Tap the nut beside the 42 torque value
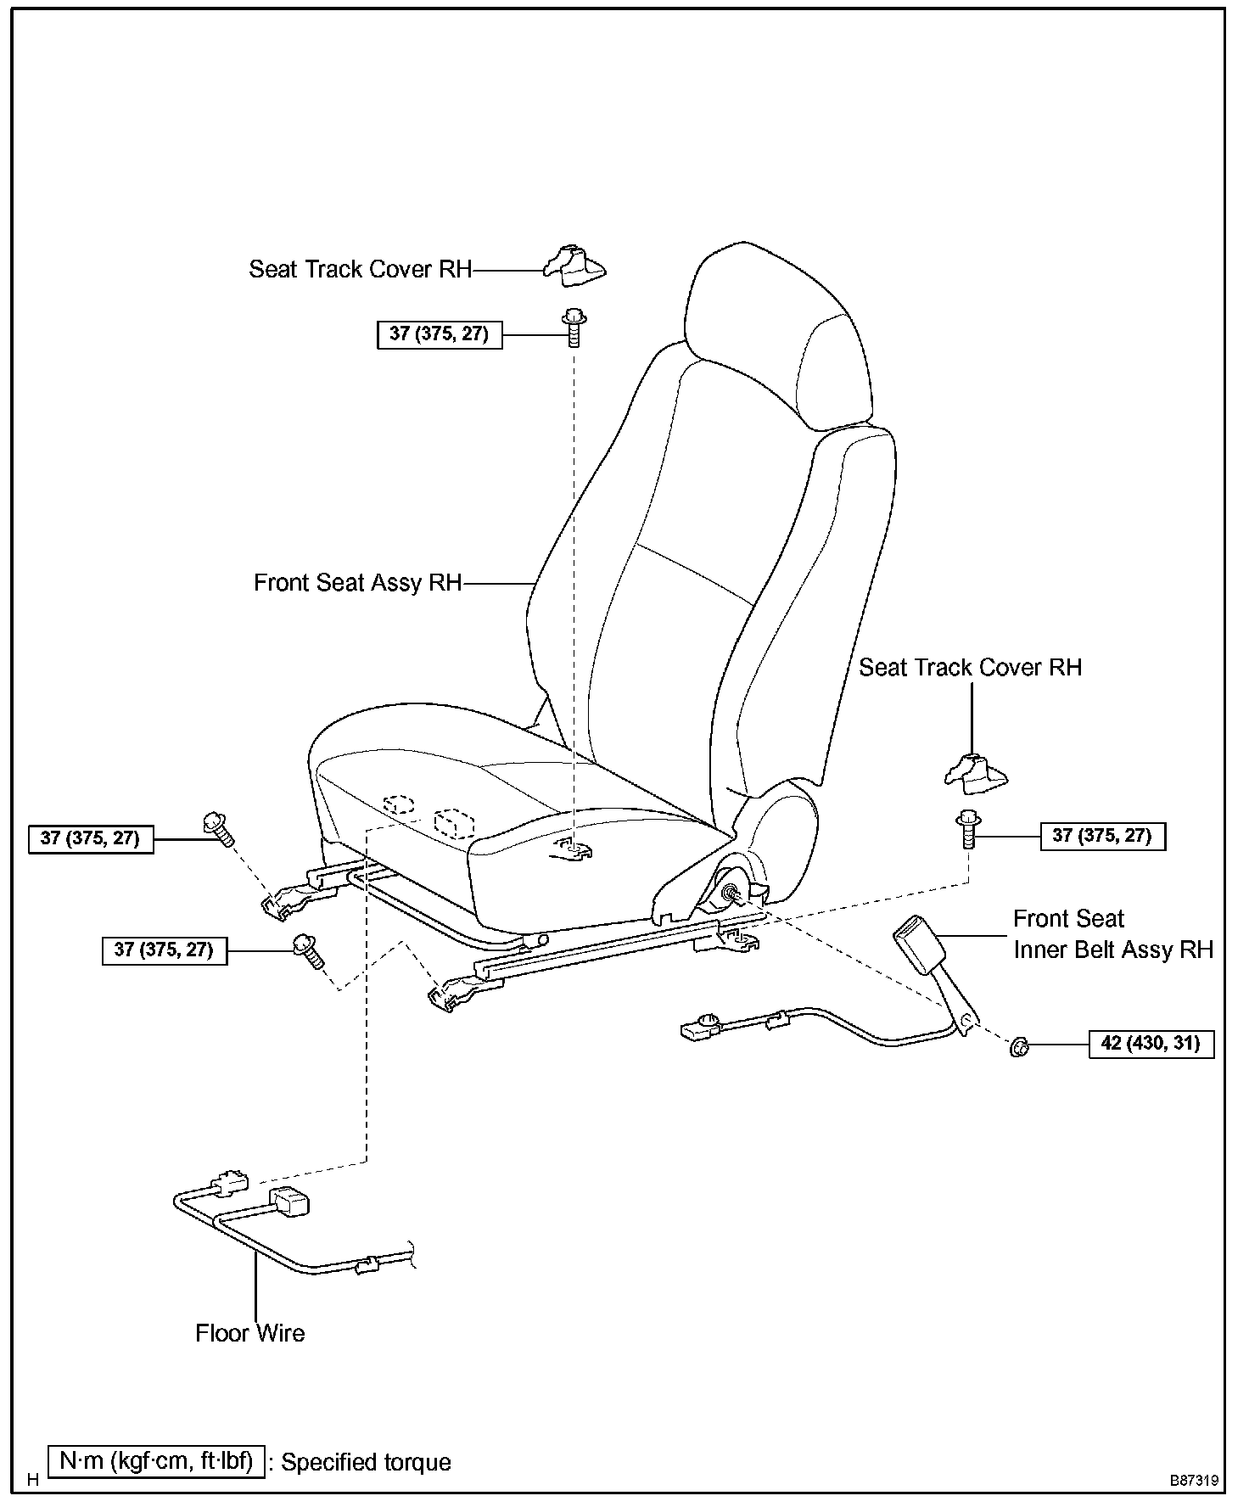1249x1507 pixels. point(1019,1047)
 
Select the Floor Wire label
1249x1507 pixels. point(249,1333)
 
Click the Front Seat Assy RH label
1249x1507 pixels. point(357,583)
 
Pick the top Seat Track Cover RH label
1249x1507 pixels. point(360,269)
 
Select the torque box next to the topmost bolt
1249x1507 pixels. point(439,334)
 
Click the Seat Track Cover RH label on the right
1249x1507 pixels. point(970,668)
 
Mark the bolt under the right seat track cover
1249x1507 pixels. point(968,829)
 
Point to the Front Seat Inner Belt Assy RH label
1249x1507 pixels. point(1112,934)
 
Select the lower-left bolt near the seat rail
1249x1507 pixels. point(306,950)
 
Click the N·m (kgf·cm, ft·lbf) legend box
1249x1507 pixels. point(157,1461)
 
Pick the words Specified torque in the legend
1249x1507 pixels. point(366,1462)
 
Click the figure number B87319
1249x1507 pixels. point(1194,1481)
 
